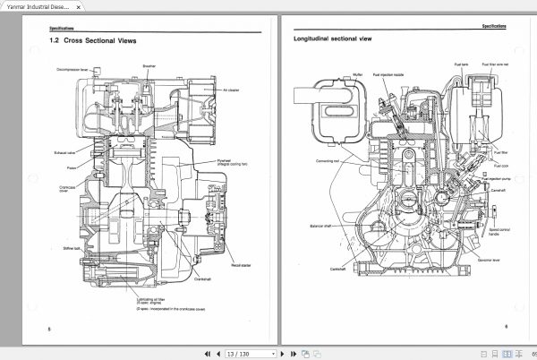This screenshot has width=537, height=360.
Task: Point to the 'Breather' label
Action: click(149, 66)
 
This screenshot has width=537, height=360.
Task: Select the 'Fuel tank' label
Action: click(461, 65)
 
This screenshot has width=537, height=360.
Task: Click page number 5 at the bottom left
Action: click(49, 330)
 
